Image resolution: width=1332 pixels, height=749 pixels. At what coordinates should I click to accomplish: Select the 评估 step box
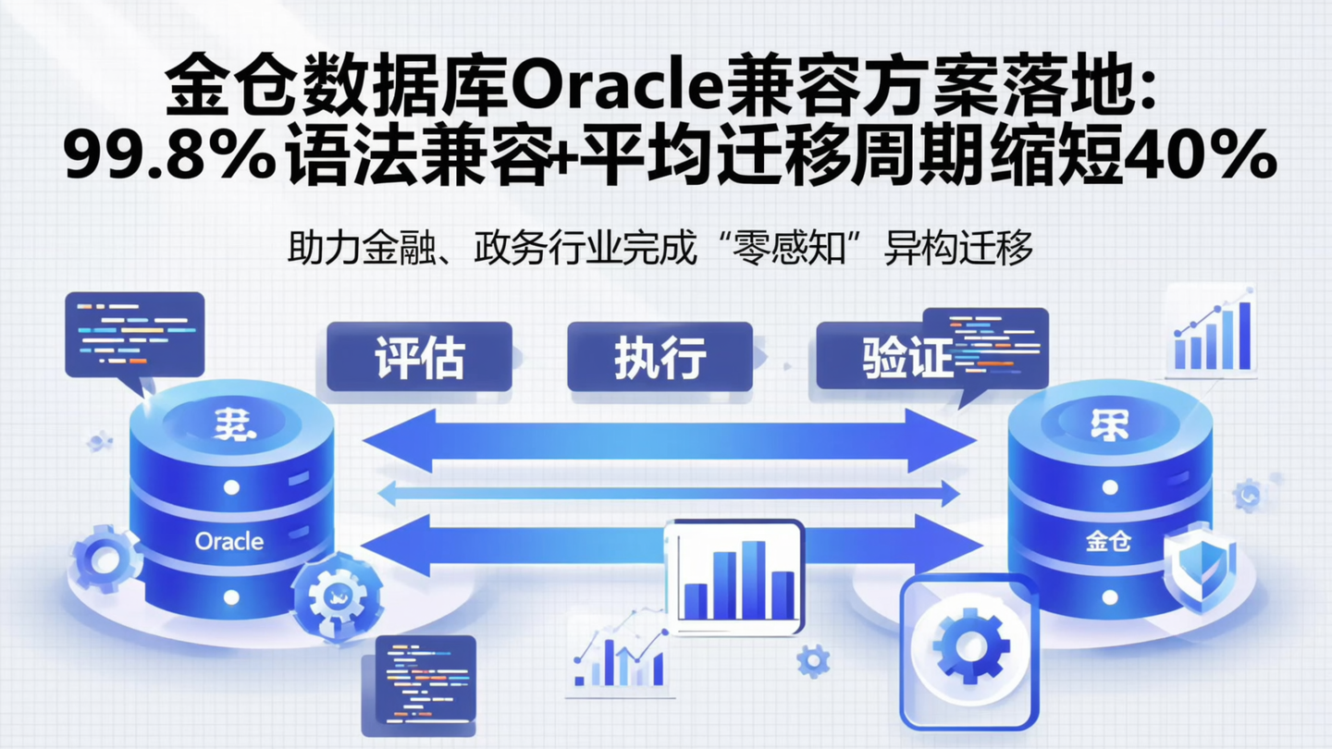pos(419,356)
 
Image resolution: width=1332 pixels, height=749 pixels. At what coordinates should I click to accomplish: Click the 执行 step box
pos(660,356)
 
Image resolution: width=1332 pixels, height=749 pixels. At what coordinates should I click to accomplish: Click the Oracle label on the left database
pos(229,541)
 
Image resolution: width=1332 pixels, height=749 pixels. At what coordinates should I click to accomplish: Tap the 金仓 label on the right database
pos(1108,542)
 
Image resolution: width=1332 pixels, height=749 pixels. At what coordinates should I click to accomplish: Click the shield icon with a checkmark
pos(1199,569)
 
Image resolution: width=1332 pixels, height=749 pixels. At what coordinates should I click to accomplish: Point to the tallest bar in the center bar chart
pos(753,579)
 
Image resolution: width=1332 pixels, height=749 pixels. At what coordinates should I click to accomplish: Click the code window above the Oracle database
pos(134,333)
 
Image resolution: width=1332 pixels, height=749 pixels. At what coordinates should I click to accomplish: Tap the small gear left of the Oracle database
pos(105,557)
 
